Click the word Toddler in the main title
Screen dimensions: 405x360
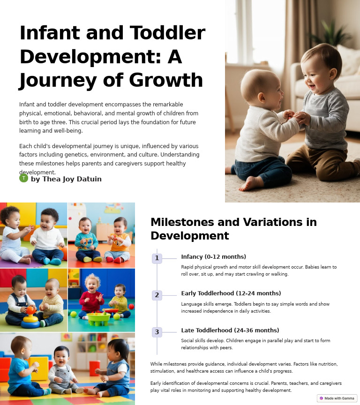click(167, 34)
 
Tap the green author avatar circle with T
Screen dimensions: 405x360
click(23, 178)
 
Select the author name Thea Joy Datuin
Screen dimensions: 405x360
click(66, 179)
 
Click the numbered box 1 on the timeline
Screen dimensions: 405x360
click(157, 258)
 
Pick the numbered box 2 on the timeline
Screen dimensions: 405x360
click(157, 295)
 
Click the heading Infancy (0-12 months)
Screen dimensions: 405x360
click(213, 257)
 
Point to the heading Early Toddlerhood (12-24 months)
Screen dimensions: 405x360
click(231, 293)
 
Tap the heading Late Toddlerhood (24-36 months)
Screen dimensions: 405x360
click(230, 330)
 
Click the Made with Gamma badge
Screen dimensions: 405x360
click(337, 398)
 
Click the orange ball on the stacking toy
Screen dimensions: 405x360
click(31, 310)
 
